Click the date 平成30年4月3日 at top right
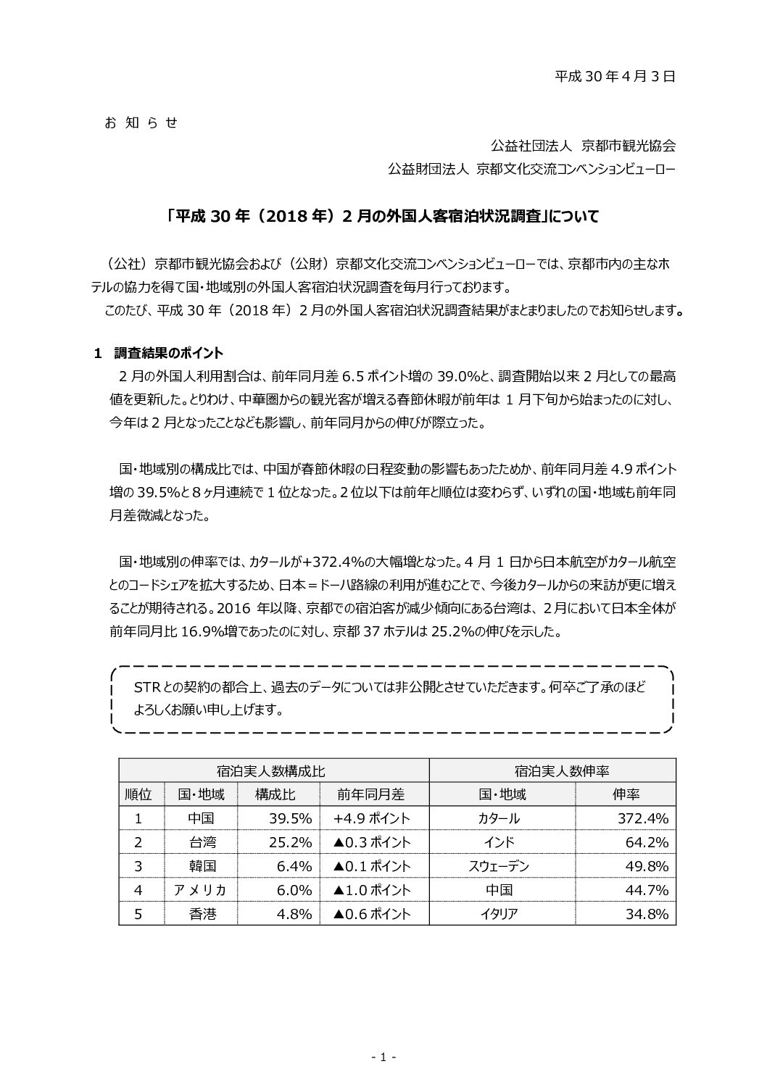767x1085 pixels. pos(615,75)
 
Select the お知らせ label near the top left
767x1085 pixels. pos(141,122)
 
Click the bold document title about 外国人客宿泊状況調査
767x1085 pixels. pos(382,216)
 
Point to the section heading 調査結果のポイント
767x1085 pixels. pos(169,353)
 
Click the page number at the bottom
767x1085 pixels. pos(383,1057)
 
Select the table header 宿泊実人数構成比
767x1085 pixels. pos(273,770)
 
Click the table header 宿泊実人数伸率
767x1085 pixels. pos(552,770)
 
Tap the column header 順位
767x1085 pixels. pos(138,794)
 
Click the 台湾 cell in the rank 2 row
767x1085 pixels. pos(202,842)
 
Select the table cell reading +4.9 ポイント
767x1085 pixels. pos(372,818)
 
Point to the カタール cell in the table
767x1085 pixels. pos(499,818)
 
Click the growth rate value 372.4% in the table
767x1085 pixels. pos(639,818)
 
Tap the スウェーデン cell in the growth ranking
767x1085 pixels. pos(499,866)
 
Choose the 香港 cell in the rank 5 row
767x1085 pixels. pos(202,914)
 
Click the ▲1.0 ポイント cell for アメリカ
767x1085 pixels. pos(372,890)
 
